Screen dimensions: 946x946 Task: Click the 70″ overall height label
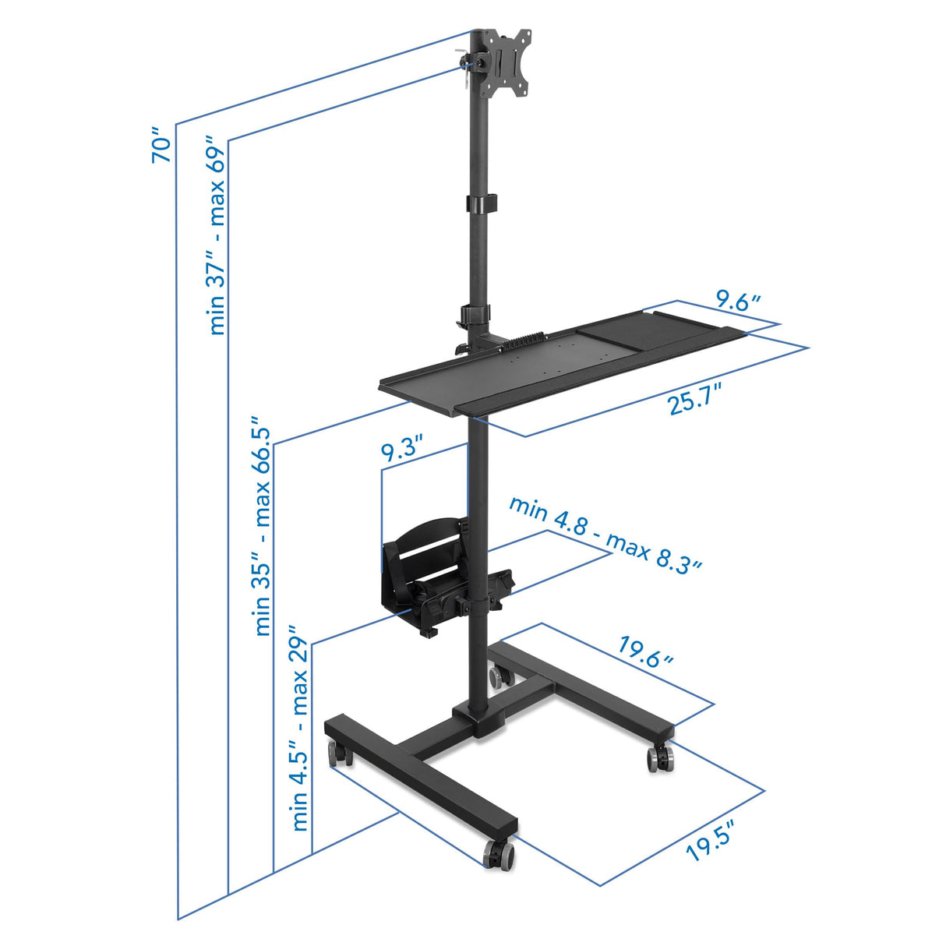(x=161, y=145)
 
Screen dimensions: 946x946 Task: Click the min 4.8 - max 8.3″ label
(x=605, y=534)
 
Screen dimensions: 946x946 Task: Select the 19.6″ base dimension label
(x=646, y=651)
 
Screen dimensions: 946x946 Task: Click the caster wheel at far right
(x=660, y=757)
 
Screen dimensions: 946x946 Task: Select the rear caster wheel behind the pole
(x=497, y=675)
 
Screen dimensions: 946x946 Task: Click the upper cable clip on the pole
(x=482, y=203)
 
